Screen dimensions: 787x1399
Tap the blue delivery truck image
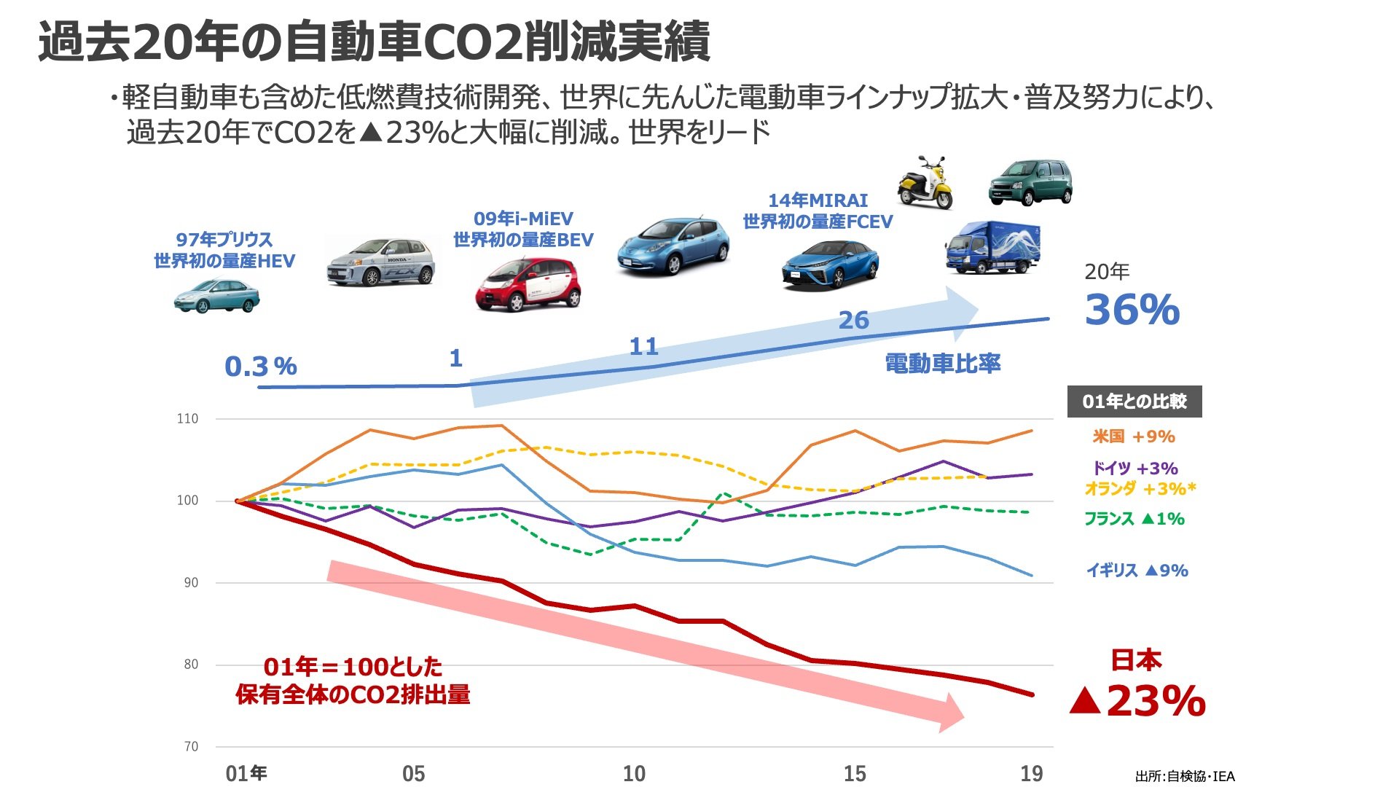click(x=992, y=248)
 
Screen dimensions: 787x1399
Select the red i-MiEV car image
click(x=528, y=285)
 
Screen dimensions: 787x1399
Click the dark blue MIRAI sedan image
click(x=829, y=264)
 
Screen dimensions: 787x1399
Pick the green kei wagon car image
click(x=1030, y=182)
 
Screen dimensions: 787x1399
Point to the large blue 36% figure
click(x=1132, y=310)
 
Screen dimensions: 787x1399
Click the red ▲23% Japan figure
click(x=1137, y=701)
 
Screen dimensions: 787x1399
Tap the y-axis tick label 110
click(x=187, y=419)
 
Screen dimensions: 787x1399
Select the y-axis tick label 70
click(x=190, y=746)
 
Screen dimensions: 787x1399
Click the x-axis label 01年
click(x=246, y=773)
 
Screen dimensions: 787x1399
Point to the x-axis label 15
click(x=855, y=773)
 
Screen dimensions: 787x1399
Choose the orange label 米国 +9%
click(x=1133, y=436)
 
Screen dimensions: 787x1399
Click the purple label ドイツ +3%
click(x=1135, y=468)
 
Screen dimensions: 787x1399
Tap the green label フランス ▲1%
click(x=1134, y=519)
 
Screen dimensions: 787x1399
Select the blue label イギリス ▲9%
click(x=1137, y=571)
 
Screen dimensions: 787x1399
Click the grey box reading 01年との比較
click(x=1134, y=402)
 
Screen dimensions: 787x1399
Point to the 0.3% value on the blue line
click(x=260, y=367)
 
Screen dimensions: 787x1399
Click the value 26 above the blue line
click(x=853, y=320)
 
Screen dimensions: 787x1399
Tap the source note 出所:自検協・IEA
click(x=1185, y=776)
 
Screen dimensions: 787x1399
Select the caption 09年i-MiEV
click(x=523, y=219)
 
